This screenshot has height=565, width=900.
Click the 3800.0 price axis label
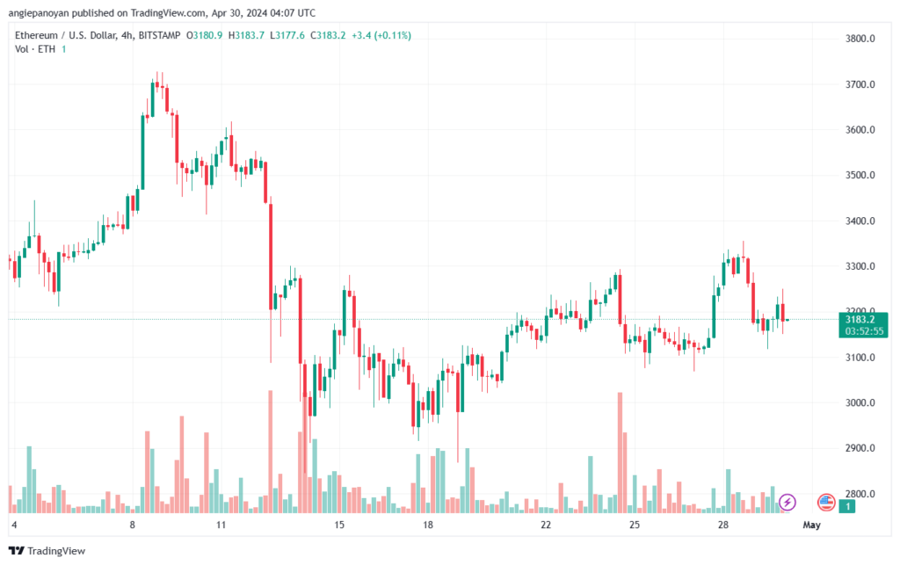tap(860, 39)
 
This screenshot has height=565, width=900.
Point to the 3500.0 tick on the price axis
tap(860, 175)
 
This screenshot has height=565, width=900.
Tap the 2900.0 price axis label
tap(860, 448)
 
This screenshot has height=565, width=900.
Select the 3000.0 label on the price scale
tap(860, 402)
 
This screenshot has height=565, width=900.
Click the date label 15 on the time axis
tap(339, 525)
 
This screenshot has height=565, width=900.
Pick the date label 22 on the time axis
tap(546, 525)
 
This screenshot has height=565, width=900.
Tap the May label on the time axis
tap(811, 525)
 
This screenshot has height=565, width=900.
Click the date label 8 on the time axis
tap(133, 525)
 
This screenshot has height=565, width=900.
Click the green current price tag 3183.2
tap(860, 320)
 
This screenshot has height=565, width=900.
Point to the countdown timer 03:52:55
tap(864, 331)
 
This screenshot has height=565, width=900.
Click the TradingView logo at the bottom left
tap(47, 551)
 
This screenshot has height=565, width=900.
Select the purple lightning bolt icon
tap(787, 503)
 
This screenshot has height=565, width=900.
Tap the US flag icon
tap(826, 503)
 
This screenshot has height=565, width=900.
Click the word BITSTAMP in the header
tap(160, 35)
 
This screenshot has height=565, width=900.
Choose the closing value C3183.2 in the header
tap(328, 35)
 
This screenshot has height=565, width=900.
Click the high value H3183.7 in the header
tap(246, 35)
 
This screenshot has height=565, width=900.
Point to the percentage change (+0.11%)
tap(393, 35)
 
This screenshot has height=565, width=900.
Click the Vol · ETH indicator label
tap(35, 49)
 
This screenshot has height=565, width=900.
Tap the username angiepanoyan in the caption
tap(39, 12)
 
